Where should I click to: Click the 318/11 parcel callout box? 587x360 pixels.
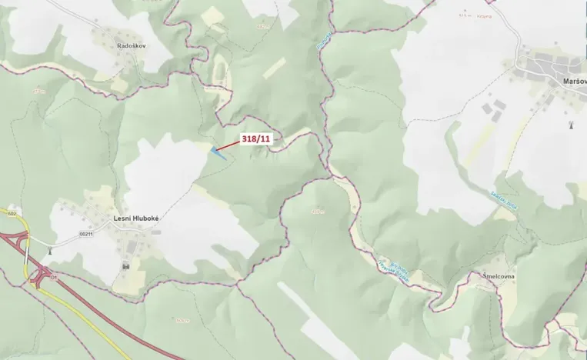(x=256, y=138)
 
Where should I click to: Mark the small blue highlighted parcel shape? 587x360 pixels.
(x=218, y=152)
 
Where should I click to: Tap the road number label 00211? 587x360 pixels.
(x=85, y=234)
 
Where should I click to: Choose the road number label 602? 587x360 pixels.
(x=12, y=212)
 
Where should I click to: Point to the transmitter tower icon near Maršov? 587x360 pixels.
(x=571, y=124)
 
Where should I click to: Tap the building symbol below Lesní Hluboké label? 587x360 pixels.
(x=125, y=265)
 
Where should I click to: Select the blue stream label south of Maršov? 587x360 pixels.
(x=501, y=198)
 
